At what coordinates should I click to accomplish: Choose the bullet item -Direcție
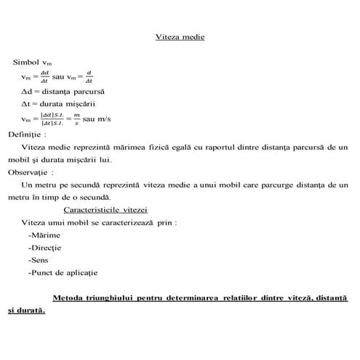point(44,247)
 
